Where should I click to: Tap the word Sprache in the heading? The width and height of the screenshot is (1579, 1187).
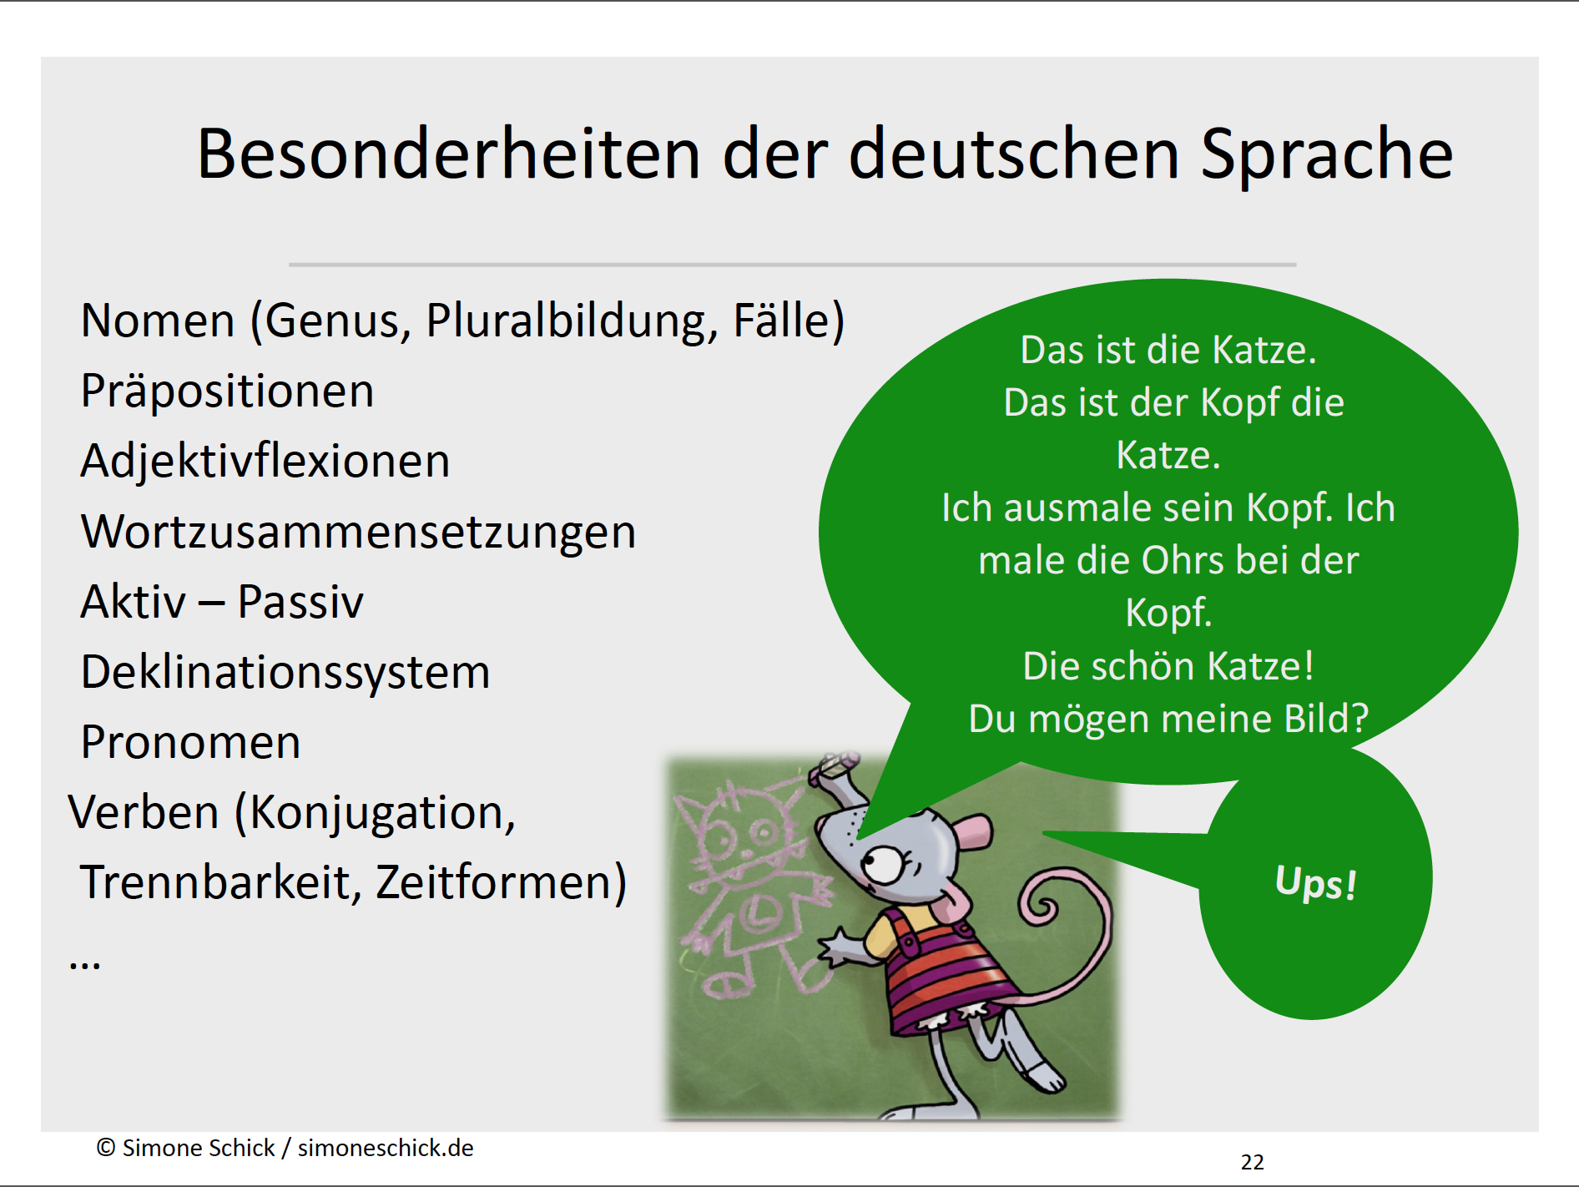pos(1327,155)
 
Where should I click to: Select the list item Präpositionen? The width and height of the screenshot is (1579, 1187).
pos(227,392)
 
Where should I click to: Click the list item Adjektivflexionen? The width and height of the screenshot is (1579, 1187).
pos(265,462)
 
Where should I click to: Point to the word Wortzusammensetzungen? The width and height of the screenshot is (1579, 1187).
pos(358,533)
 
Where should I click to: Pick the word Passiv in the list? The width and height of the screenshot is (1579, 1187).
pos(300,602)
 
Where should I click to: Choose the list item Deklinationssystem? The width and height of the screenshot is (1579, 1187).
pos(285,673)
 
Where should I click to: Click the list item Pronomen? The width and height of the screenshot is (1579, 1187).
pos(190,743)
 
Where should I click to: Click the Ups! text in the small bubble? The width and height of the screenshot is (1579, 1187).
pos(1315,883)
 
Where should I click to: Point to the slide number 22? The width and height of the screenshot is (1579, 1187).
pos(1252,1162)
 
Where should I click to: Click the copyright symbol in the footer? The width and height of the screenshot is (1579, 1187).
pos(106,1148)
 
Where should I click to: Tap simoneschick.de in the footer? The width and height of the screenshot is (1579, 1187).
pos(386,1148)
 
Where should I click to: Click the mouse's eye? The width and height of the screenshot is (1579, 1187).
pos(879,863)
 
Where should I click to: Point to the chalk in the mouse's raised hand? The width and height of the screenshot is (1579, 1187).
pos(835,765)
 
